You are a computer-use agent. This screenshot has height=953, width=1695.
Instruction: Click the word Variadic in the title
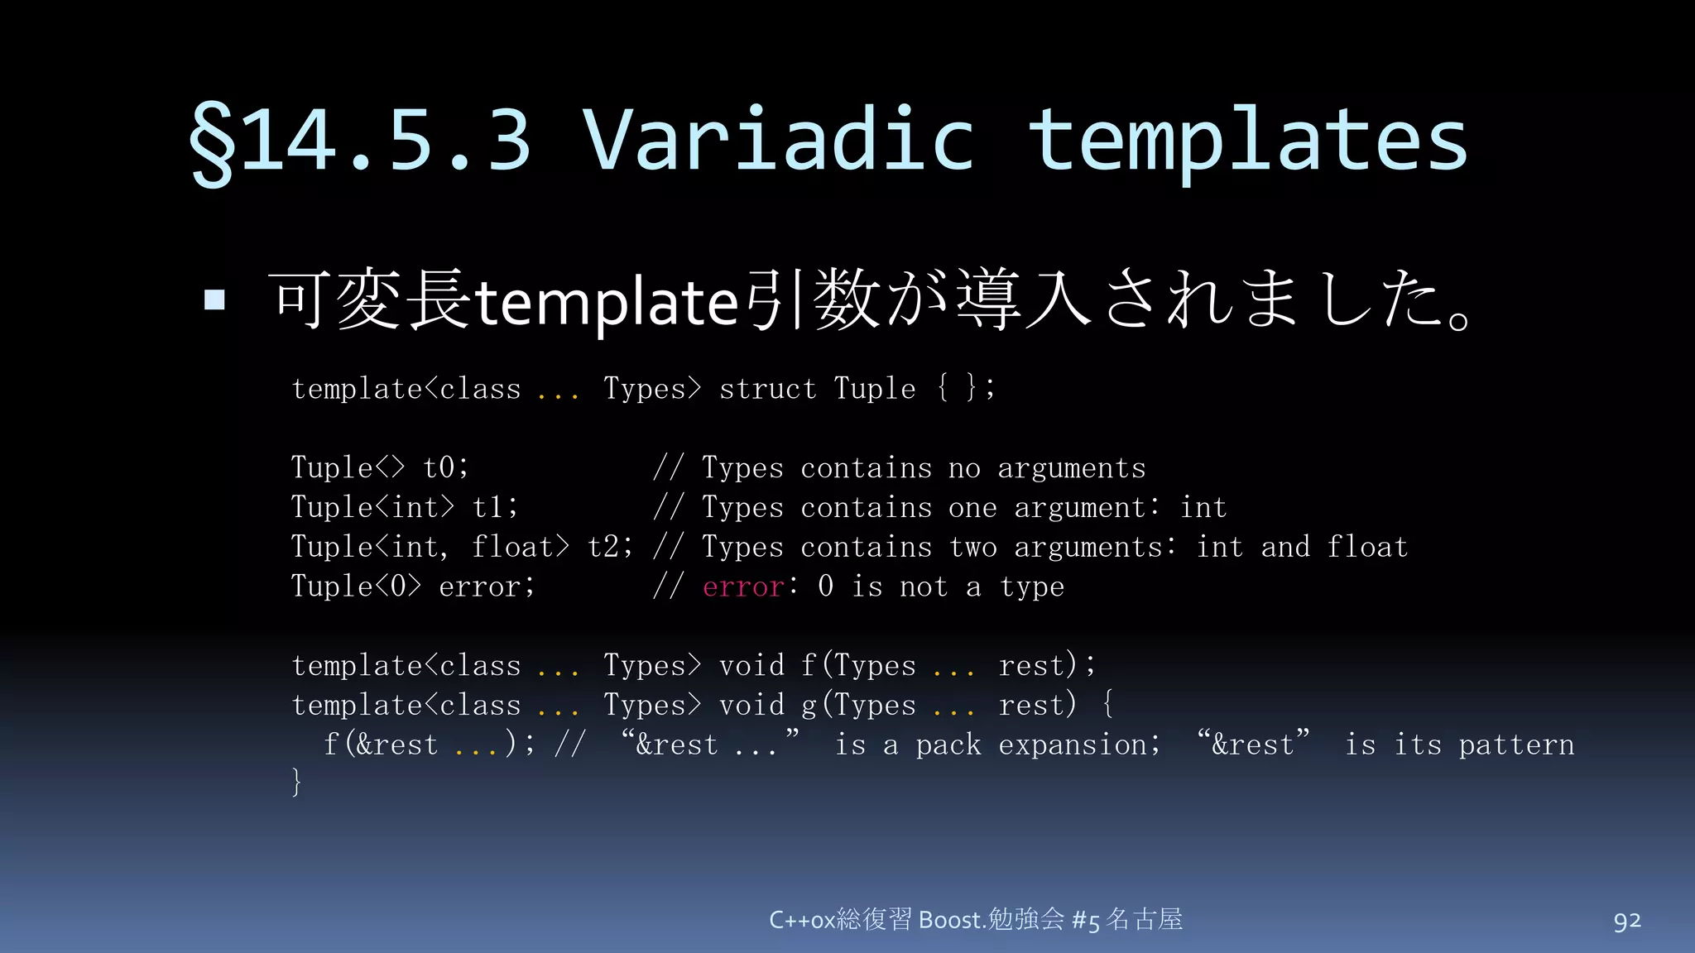(x=778, y=139)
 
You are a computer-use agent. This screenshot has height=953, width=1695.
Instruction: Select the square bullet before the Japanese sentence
(x=214, y=299)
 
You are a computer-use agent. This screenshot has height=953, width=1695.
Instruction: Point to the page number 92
(x=1626, y=921)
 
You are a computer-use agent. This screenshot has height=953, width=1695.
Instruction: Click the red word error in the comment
(x=742, y=587)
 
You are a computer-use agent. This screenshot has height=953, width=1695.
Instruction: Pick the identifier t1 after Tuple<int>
(x=494, y=507)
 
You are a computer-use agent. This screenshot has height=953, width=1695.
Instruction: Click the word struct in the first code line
(x=767, y=388)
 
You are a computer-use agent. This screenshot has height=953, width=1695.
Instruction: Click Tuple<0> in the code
(x=356, y=587)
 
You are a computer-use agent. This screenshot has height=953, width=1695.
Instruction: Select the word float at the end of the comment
(x=1367, y=547)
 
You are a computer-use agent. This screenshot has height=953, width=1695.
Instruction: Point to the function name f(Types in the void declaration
(x=858, y=665)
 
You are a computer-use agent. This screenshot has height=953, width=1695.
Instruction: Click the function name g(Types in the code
(x=858, y=705)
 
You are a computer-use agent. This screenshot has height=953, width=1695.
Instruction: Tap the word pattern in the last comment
(x=1516, y=745)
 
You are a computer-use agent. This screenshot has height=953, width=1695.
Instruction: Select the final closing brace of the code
(x=296, y=782)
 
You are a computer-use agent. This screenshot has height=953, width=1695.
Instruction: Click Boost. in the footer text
(x=952, y=920)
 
